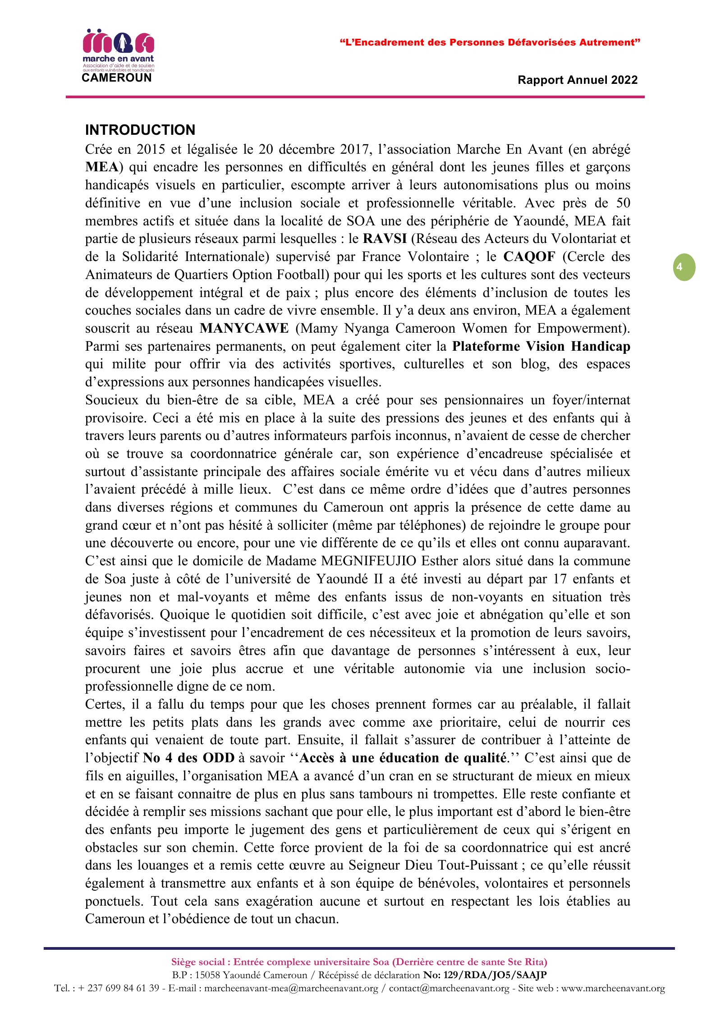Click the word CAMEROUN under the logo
coord(117,78)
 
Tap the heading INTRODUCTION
coord(140,130)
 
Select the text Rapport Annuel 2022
coord(578,80)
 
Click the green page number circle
coord(684,267)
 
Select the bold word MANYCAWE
coord(244,328)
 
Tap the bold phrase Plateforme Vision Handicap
coord(541,346)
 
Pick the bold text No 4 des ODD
coord(188,758)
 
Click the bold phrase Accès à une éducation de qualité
coord(403,758)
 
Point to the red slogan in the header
coord(490,43)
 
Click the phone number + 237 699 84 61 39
coord(119,988)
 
